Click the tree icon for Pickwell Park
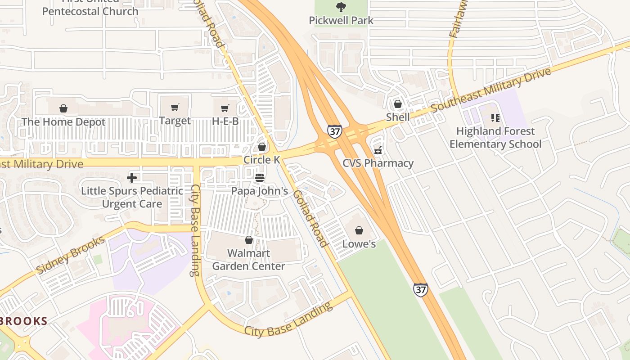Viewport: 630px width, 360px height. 341,7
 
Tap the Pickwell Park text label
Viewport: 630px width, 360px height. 341,21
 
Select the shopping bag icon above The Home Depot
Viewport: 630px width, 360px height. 63,108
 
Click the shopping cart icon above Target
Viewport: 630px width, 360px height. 175,108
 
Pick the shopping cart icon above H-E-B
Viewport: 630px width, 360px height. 225,108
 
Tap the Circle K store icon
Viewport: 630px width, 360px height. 262,147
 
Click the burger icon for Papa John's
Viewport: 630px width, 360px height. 260,178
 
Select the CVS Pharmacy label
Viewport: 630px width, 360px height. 378,163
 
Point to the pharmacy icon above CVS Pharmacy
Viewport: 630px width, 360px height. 378,150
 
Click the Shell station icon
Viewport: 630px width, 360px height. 398,104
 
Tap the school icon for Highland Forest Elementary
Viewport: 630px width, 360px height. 495,118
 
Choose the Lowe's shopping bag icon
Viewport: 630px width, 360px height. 359,230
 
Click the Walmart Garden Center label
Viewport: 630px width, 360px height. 248,260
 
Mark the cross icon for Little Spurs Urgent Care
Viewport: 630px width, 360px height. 132,178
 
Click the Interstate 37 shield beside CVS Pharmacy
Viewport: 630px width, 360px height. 334,131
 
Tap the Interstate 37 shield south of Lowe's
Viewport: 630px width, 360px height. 420,289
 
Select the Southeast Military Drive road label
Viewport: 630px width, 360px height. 490,90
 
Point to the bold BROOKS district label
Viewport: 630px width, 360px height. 23,321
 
